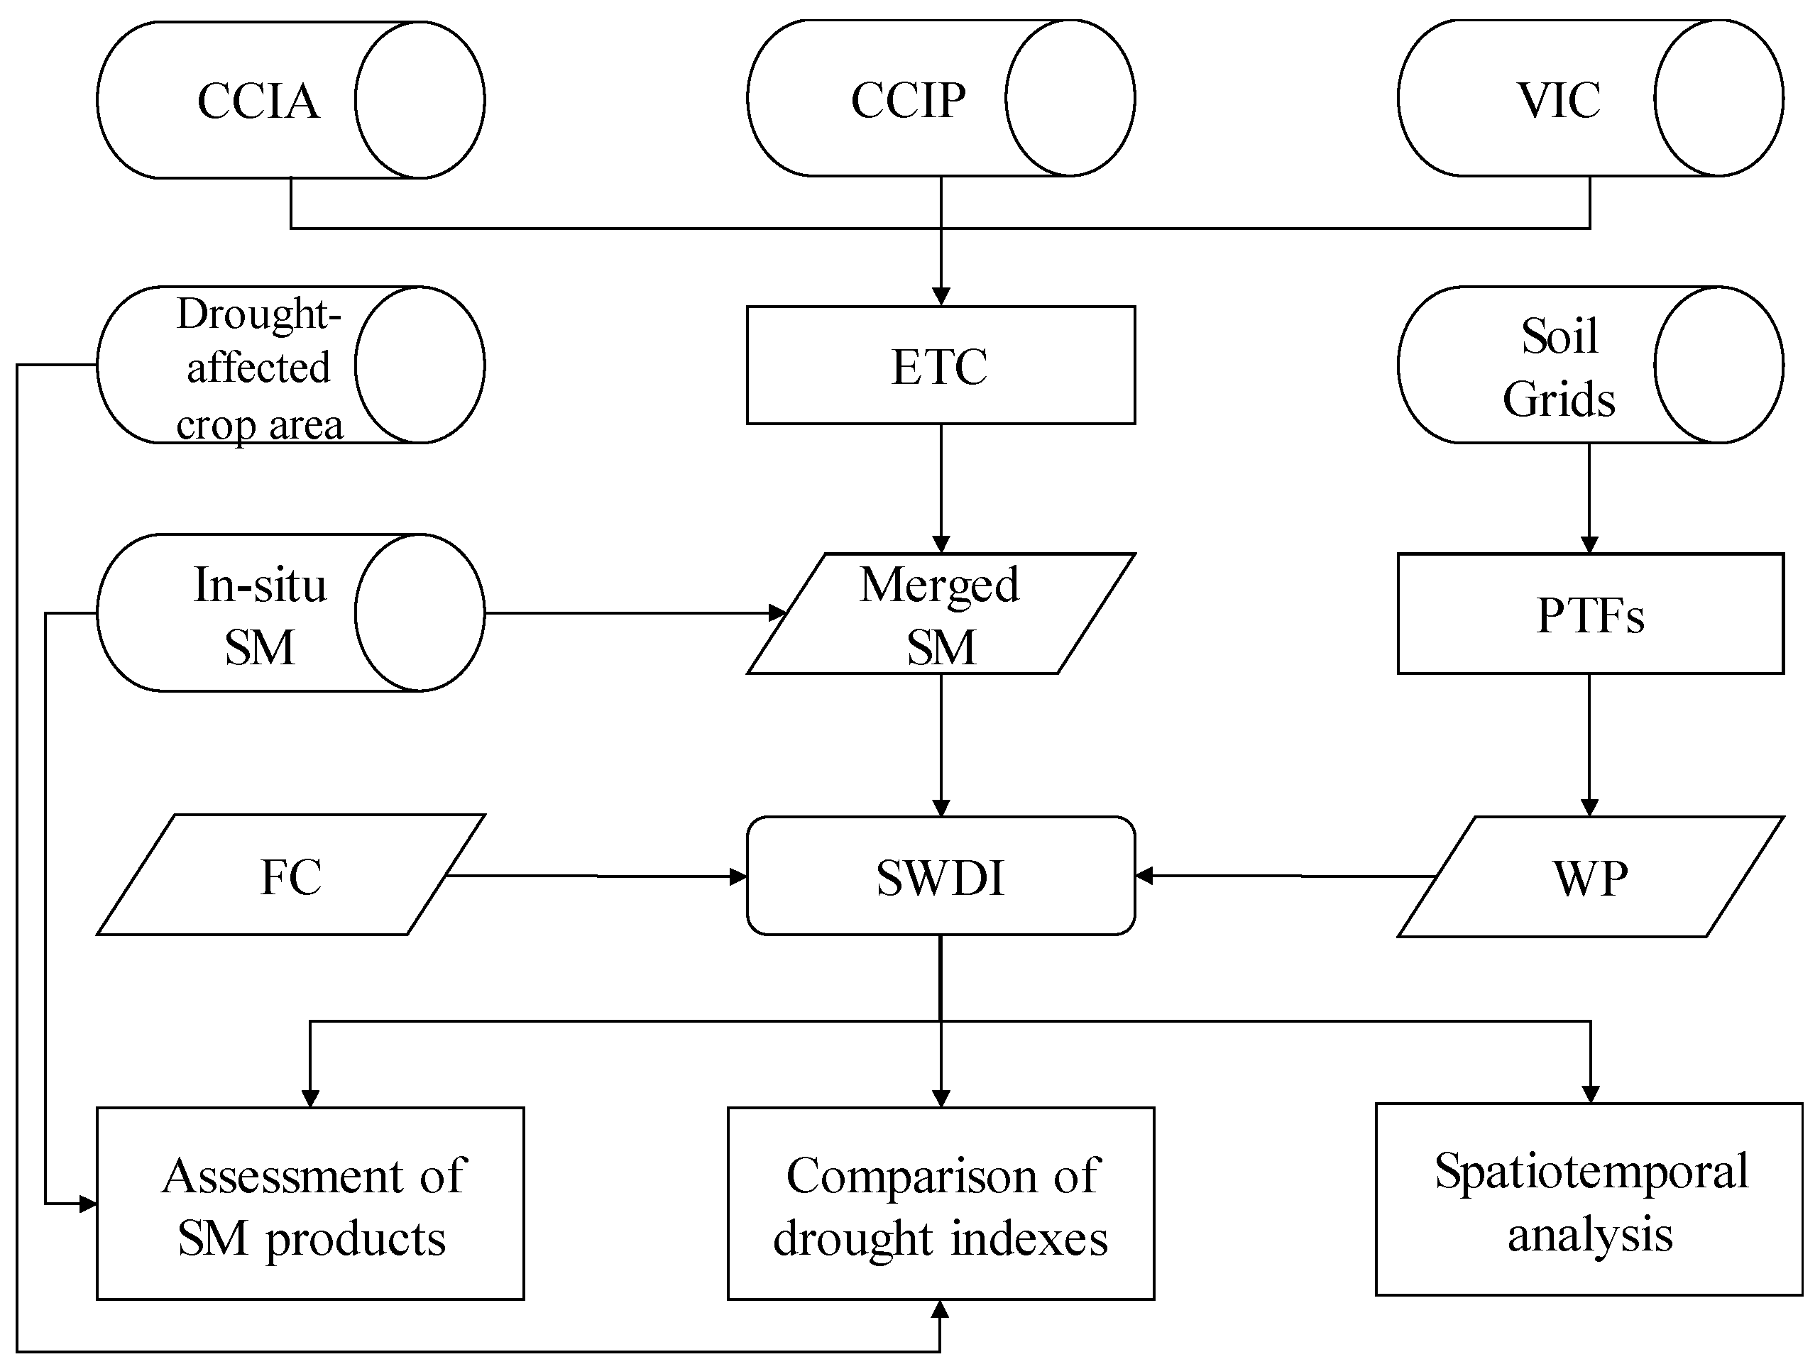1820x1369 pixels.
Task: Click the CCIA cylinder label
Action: click(258, 101)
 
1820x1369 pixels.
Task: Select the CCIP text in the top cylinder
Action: click(909, 100)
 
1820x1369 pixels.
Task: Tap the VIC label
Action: click(1558, 100)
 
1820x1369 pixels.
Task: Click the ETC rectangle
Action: click(941, 366)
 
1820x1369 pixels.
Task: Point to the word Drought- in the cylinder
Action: click(258, 314)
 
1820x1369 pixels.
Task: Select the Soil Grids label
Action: click(1558, 367)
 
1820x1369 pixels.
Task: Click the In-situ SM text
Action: click(259, 615)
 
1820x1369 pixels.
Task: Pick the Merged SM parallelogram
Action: click(941, 615)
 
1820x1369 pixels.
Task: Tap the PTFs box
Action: click(1589, 615)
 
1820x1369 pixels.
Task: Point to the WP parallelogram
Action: click(1589, 877)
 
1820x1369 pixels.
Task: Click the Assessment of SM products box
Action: click(310, 1205)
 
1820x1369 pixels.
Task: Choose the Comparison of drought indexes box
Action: click(941, 1205)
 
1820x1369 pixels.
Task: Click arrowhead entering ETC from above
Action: click(941, 297)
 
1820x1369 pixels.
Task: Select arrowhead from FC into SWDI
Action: click(738, 877)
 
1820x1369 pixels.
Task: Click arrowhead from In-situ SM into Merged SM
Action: click(777, 613)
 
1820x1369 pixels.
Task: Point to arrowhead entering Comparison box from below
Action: click(940, 1310)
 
